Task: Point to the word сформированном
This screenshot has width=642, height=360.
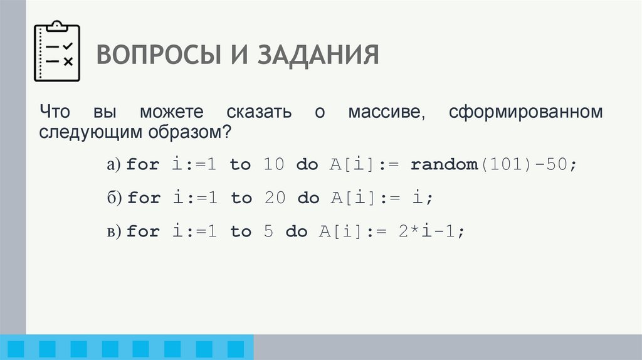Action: [x=526, y=113]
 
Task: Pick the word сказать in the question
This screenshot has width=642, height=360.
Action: [x=260, y=113]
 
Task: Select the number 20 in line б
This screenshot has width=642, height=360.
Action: [x=274, y=198]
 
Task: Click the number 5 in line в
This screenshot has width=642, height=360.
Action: [x=268, y=232]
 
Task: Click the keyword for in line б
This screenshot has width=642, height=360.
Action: [x=144, y=198]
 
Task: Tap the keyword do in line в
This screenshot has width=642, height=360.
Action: [x=297, y=232]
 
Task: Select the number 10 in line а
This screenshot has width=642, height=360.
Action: [x=274, y=165]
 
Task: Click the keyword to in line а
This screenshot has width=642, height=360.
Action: [x=240, y=165]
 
